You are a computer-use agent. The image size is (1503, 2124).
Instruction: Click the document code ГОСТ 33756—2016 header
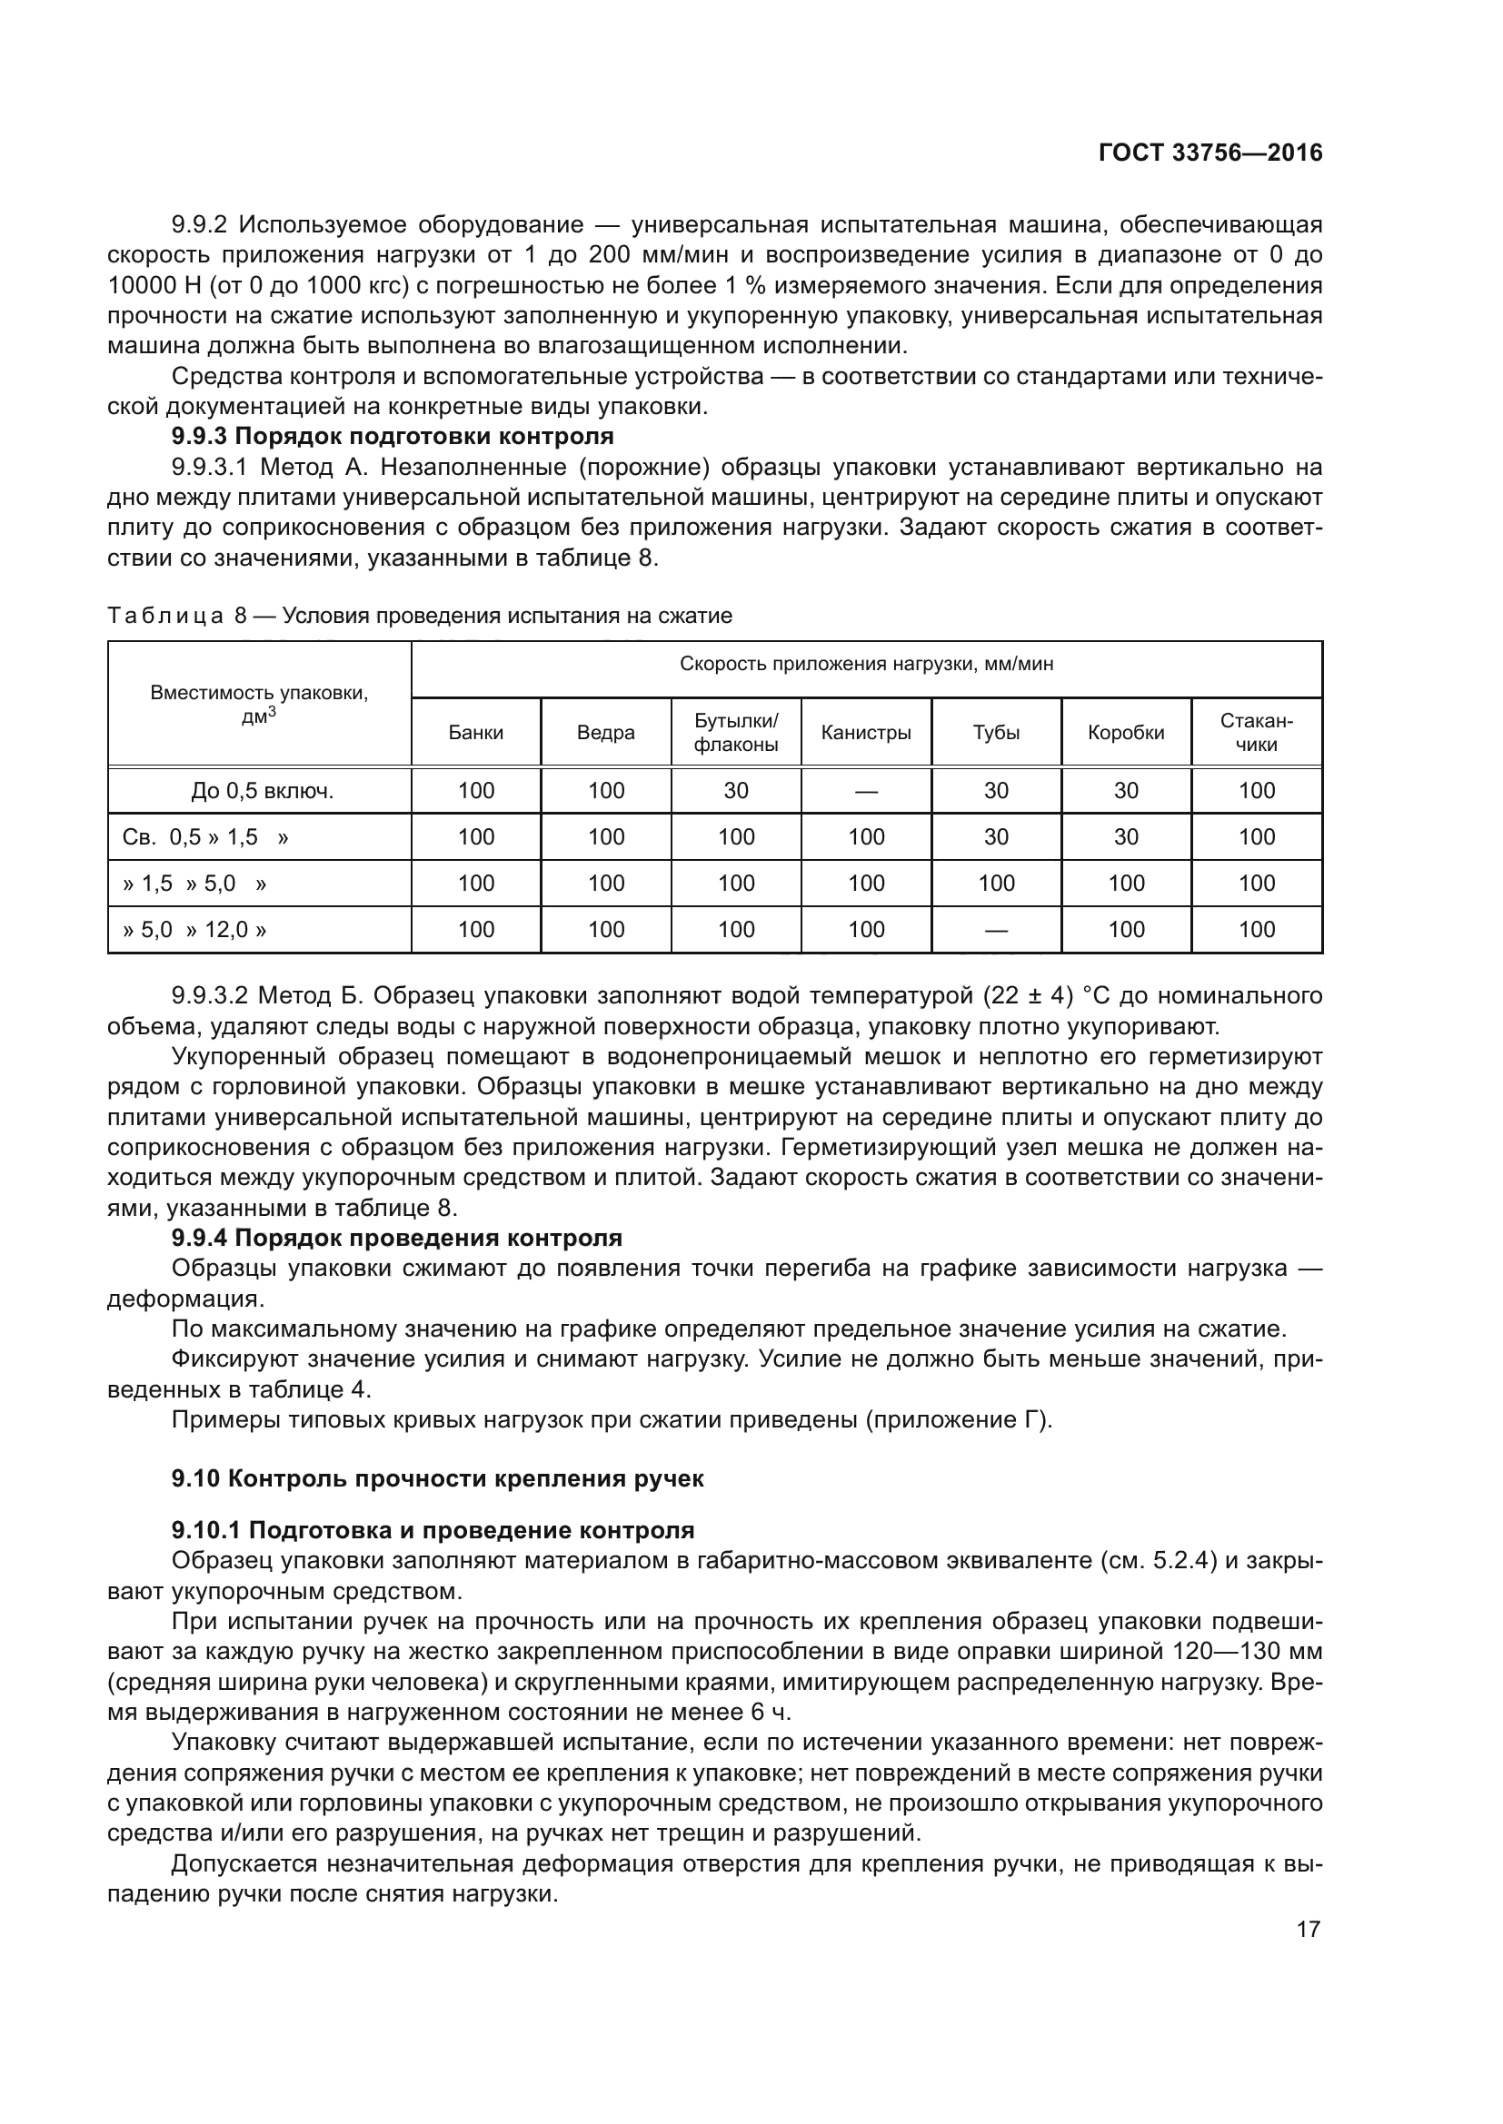tap(1209, 153)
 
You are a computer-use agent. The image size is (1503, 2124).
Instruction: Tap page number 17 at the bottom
tap(1308, 1929)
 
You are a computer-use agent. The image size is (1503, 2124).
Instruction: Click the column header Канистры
tap(865, 733)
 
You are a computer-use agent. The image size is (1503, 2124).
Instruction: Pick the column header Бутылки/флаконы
tap(736, 733)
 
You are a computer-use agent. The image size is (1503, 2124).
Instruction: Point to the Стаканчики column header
tap(1256, 733)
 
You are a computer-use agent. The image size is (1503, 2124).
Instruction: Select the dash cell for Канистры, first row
tap(865, 791)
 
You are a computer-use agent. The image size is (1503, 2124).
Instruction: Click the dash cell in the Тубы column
tap(996, 930)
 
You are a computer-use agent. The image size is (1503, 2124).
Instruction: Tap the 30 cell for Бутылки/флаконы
tap(736, 791)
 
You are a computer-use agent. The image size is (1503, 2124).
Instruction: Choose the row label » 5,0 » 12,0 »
tap(194, 930)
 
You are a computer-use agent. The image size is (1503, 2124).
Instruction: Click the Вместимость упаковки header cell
tap(259, 704)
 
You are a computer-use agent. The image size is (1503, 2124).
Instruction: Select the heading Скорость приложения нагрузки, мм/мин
tap(866, 664)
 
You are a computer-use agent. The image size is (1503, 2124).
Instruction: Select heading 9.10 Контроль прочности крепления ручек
tap(438, 1478)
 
